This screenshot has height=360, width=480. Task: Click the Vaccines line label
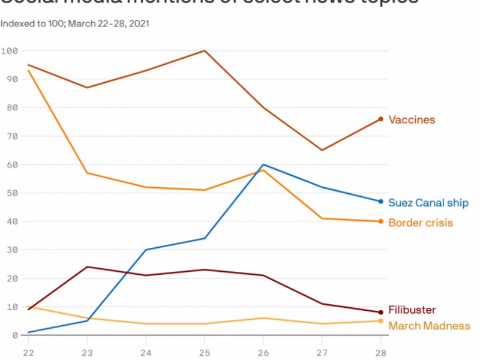(412, 119)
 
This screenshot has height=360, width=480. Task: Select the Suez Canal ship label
(428, 203)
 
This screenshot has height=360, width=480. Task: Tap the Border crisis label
(420, 223)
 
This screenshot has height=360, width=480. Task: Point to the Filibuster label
(412, 310)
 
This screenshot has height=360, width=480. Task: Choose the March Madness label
(429, 326)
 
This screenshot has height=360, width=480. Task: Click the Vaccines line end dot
(380, 119)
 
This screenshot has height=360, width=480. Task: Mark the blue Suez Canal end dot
(380, 202)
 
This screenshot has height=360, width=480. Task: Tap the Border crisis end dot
(380, 221)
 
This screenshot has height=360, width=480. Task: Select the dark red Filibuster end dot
(380, 313)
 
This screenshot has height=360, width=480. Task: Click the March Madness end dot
(380, 321)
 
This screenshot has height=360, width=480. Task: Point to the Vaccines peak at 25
(205, 50)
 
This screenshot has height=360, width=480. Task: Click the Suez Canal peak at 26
(263, 164)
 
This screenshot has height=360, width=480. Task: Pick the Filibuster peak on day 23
(87, 266)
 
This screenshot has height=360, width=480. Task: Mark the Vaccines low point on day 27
(322, 150)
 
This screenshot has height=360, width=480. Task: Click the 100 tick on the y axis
(9, 50)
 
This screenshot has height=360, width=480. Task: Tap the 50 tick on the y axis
(11, 193)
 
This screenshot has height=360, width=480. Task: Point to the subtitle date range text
(75, 24)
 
